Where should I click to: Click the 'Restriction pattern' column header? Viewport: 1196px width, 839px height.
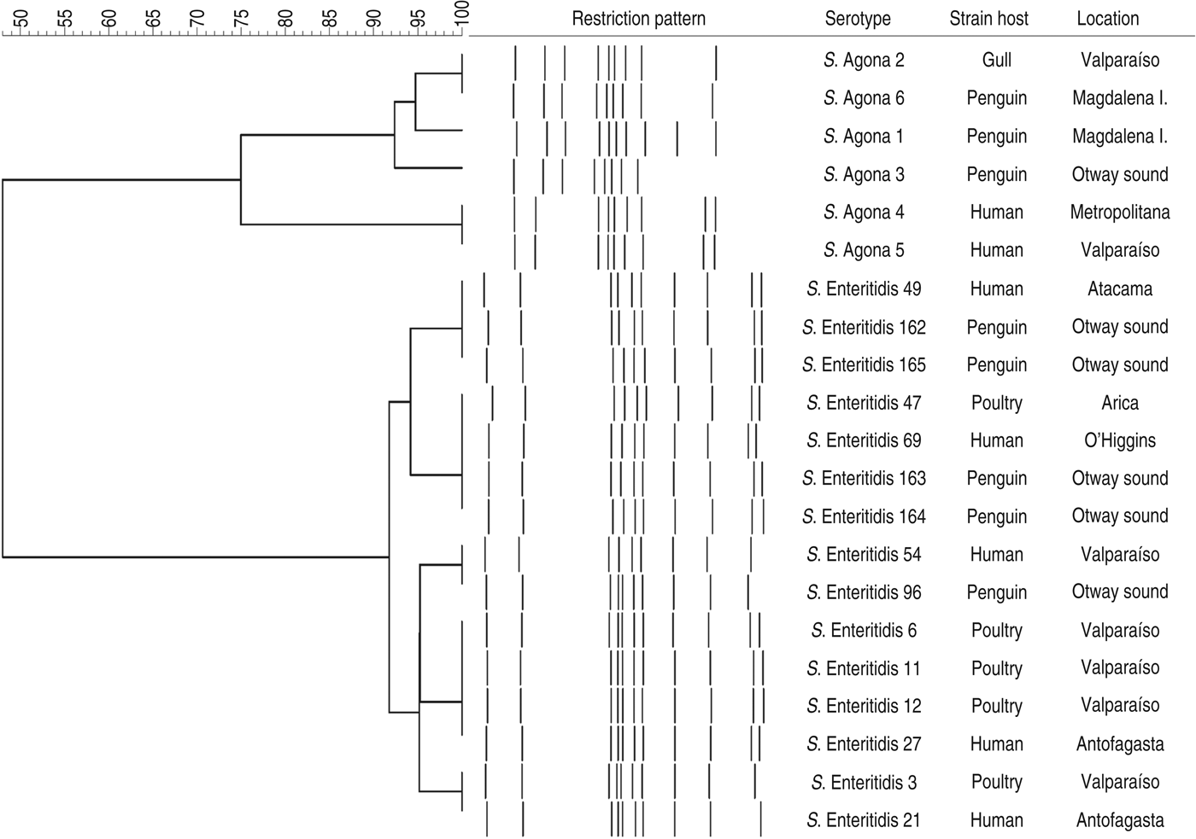point(638,19)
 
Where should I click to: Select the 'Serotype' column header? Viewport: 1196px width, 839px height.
point(858,19)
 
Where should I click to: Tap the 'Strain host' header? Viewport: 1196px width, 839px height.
point(988,19)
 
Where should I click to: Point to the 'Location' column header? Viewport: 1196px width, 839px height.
point(1107,19)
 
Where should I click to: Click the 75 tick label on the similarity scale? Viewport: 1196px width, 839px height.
point(241,18)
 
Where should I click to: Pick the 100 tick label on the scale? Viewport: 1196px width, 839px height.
point(462,15)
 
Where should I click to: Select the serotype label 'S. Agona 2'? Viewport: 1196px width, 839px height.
point(864,60)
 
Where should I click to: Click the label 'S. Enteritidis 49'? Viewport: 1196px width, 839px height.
point(864,288)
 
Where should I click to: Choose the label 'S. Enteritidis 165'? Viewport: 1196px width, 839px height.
point(864,364)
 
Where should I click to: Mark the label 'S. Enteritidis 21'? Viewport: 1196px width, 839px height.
point(864,820)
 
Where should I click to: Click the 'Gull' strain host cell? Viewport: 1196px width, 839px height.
point(996,60)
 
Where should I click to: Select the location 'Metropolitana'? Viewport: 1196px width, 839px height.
point(1119,212)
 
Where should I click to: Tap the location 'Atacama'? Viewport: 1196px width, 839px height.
point(1119,288)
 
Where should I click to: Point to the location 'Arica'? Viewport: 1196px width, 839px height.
point(1119,403)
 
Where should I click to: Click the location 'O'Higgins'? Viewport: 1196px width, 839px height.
point(1119,440)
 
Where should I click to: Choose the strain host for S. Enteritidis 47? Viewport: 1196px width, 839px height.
point(996,403)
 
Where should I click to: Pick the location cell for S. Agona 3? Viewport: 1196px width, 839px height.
point(1119,174)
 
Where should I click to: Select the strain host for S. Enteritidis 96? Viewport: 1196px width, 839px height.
point(996,592)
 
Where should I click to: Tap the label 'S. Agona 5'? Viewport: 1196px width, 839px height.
point(864,250)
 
